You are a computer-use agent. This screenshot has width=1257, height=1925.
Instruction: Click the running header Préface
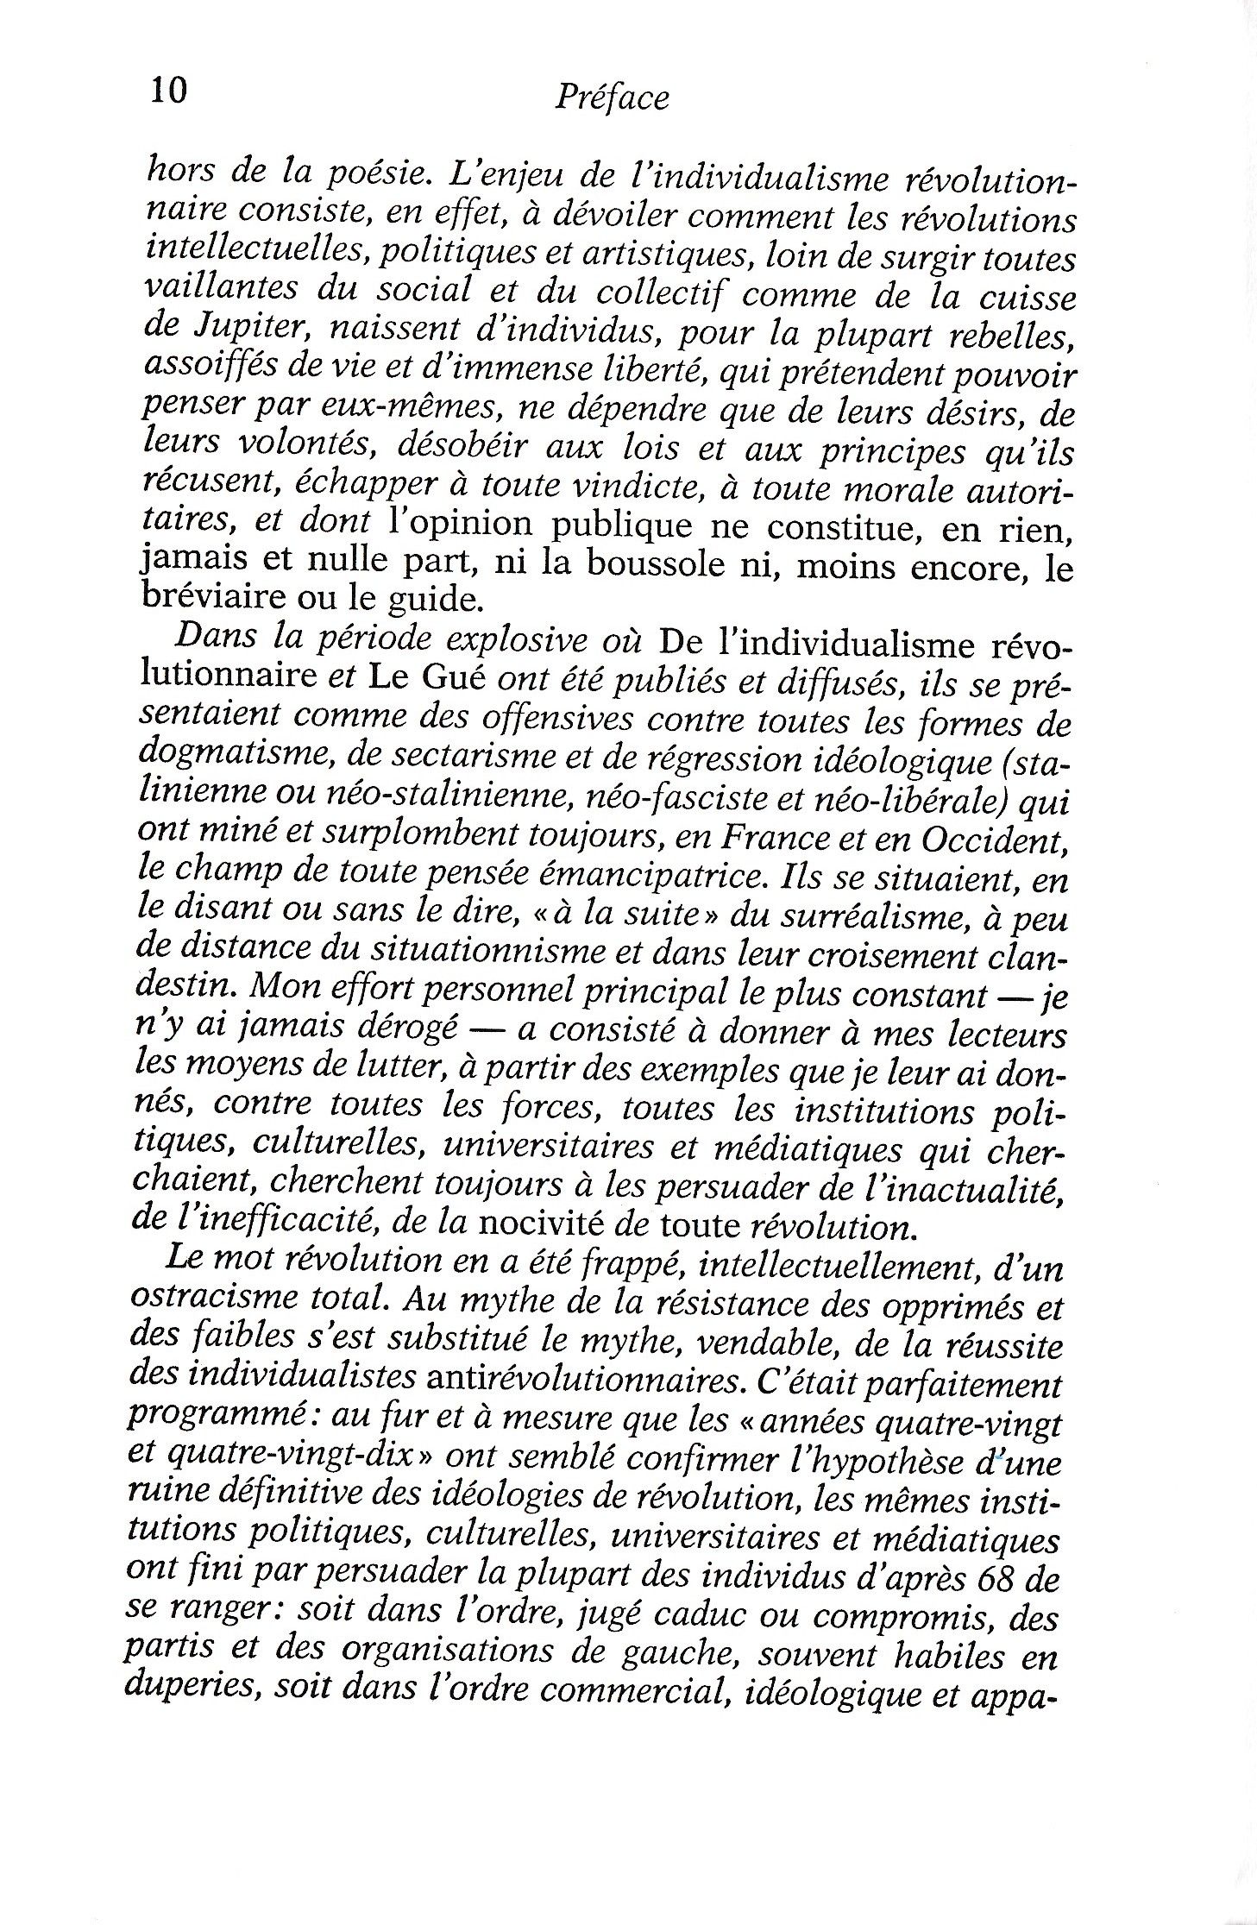coord(612,98)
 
